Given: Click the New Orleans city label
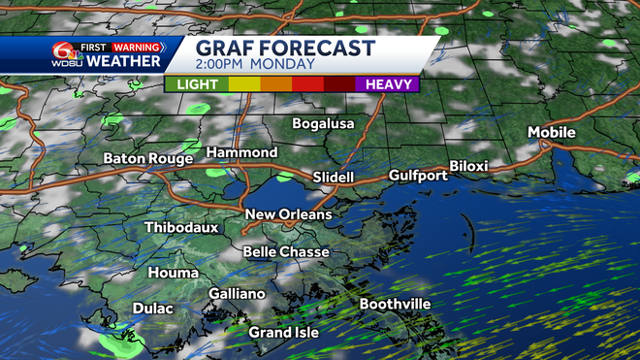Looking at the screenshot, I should point(288,214).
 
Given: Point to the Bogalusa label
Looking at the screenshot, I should point(325,124).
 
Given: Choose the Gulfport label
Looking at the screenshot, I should point(418,176).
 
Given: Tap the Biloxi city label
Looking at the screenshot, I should point(468,166).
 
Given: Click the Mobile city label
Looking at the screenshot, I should point(552,132).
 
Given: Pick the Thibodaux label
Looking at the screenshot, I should point(181,228).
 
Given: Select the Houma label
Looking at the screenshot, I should point(173,274).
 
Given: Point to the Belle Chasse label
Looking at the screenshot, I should point(286,252).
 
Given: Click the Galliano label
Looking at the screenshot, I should point(237,294).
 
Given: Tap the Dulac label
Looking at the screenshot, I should point(153,309).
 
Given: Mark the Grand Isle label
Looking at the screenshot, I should point(283,333).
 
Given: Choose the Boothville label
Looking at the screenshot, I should point(395,304).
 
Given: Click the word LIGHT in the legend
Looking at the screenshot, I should point(197,84).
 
